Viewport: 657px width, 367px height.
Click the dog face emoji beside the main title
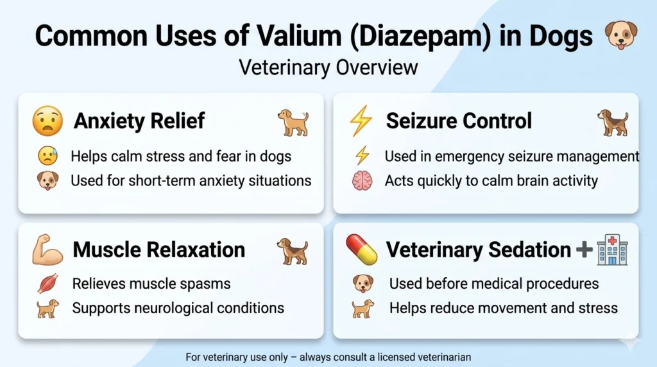click(x=622, y=35)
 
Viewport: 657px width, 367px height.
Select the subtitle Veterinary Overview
click(x=328, y=67)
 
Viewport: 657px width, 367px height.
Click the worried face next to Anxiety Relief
click(x=47, y=121)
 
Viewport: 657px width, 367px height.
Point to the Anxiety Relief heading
click(x=139, y=121)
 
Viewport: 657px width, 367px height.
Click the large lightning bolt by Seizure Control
click(x=361, y=121)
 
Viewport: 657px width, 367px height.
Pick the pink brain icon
click(x=362, y=180)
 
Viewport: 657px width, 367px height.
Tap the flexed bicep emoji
click(x=47, y=250)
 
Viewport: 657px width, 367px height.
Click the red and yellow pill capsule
click(x=361, y=249)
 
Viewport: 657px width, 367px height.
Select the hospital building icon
click(x=611, y=250)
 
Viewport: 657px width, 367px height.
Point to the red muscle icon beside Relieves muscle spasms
click(x=47, y=284)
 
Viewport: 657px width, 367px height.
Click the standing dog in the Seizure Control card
click(x=612, y=122)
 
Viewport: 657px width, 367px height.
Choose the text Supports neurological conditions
click(x=178, y=308)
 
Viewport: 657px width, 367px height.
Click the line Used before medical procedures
click(x=494, y=284)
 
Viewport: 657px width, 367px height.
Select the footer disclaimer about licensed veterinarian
click(x=328, y=357)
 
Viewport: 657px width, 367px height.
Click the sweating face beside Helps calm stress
click(x=47, y=156)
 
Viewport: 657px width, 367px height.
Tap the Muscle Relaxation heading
click(x=158, y=250)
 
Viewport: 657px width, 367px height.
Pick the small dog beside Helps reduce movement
click(x=363, y=309)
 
